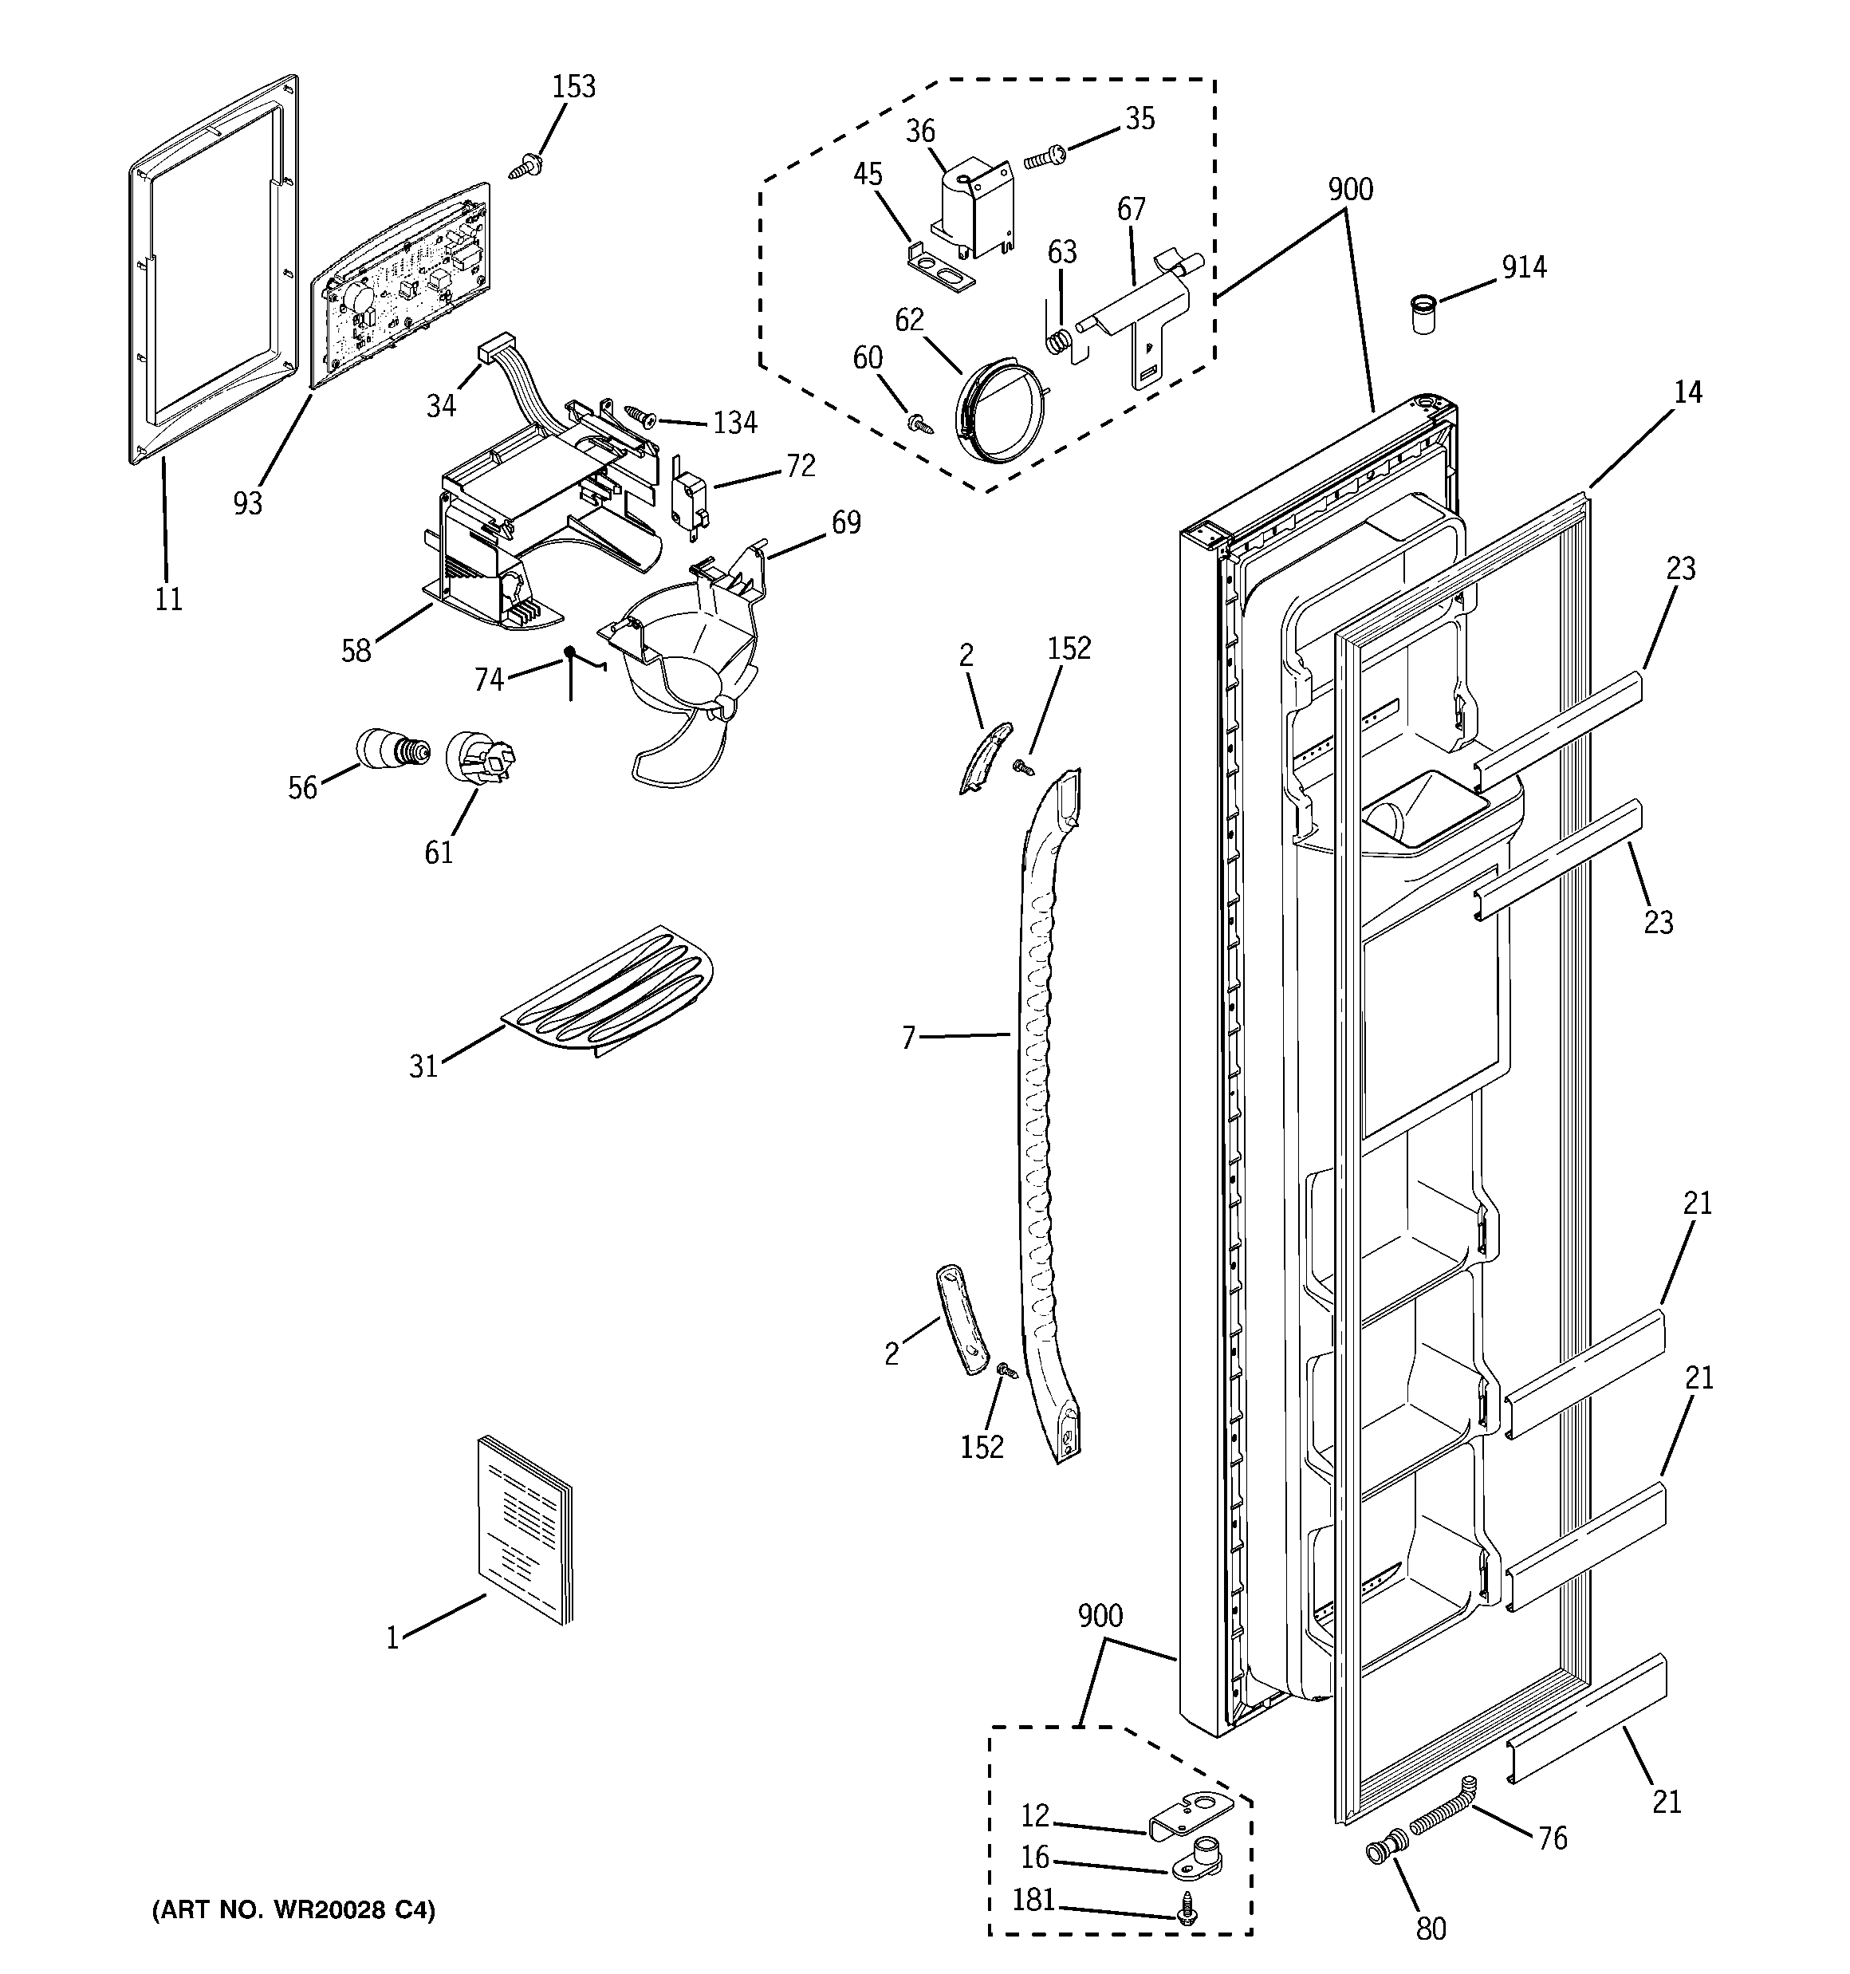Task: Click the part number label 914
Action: point(1523,267)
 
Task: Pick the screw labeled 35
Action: point(1044,155)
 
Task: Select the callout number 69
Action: point(846,522)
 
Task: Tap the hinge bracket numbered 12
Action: point(1191,1813)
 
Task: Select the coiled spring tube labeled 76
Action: point(1439,1820)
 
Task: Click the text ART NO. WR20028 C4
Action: point(293,1909)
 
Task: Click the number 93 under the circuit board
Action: point(247,503)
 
